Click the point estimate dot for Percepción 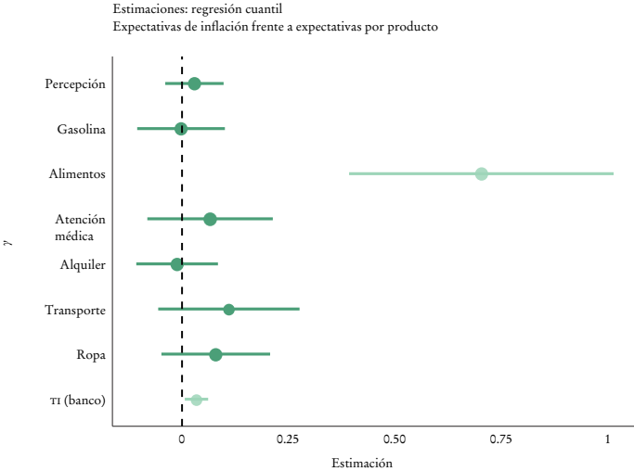pyautogui.click(x=194, y=83)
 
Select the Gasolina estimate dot pyautogui.click(x=181, y=129)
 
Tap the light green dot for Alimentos pyautogui.click(x=481, y=173)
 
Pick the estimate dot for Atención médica pyautogui.click(x=210, y=219)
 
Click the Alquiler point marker pyautogui.click(x=176, y=264)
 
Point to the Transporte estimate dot pyautogui.click(x=228, y=310)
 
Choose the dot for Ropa pyautogui.click(x=215, y=354)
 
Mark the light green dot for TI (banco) pyautogui.click(x=196, y=400)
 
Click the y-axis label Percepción pyautogui.click(x=74, y=84)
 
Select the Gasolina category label pyautogui.click(x=81, y=129)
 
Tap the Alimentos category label pyautogui.click(x=76, y=174)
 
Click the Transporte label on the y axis pyautogui.click(x=74, y=310)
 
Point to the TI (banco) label pyautogui.click(x=77, y=401)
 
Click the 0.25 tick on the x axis pyautogui.click(x=288, y=439)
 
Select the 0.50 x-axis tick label pyautogui.click(x=395, y=439)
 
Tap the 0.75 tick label pyautogui.click(x=501, y=439)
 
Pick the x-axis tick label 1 pyautogui.click(x=608, y=439)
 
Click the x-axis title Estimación pyautogui.click(x=362, y=463)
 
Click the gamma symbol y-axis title pyautogui.click(x=8, y=243)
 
